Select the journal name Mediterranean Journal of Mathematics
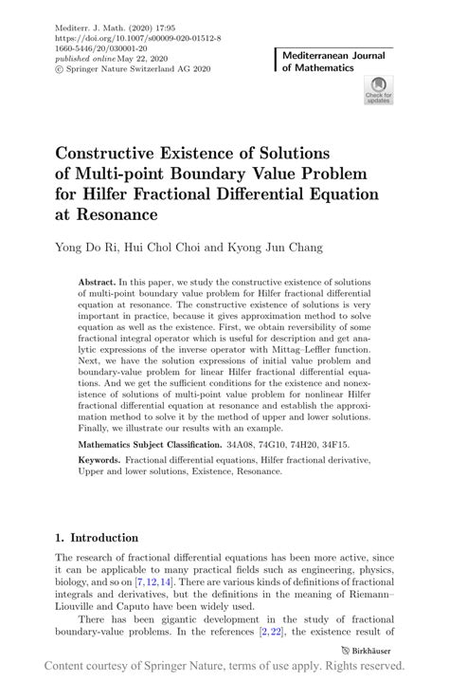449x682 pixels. [x=333, y=64]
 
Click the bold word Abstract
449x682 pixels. [x=98, y=283]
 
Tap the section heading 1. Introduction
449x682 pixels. [x=98, y=537]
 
